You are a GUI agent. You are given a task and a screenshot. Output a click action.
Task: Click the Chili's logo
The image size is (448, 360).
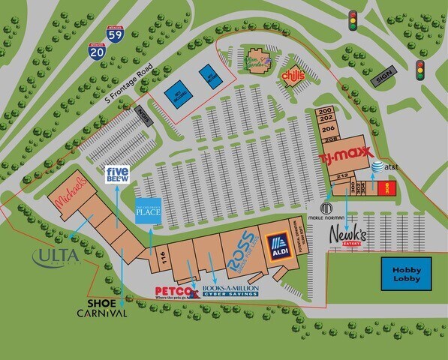[293, 76]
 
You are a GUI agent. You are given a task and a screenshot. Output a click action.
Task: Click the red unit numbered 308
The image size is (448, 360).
[388, 187]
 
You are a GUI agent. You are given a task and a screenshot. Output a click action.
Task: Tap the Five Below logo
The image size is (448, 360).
[118, 175]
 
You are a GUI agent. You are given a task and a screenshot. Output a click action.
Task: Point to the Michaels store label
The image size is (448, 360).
[70, 193]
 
